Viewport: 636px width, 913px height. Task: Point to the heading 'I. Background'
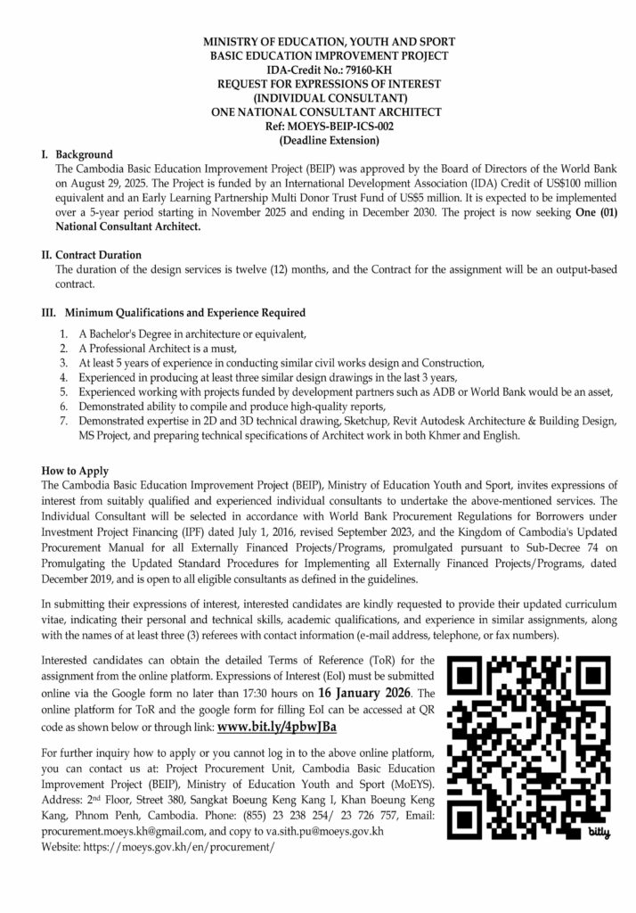click(x=77, y=154)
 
